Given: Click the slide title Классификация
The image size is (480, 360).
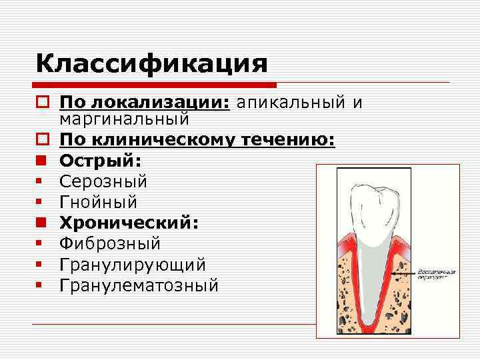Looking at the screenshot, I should (x=152, y=64).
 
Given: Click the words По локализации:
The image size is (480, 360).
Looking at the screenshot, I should (x=144, y=103).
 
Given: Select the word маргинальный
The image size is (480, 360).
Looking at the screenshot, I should (x=124, y=119).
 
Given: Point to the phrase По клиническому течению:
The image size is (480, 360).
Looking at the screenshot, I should (x=197, y=140).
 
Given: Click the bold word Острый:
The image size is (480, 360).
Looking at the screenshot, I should (x=100, y=161).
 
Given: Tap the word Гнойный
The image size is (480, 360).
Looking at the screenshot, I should (x=98, y=202).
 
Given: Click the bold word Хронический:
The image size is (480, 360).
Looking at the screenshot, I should (x=129, y=223).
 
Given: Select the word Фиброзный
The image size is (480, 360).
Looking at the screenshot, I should (x=110, y=244).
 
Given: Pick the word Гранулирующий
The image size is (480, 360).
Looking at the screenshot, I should (x=132, y=265).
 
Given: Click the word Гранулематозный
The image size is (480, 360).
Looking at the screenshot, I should (x=139, y=285).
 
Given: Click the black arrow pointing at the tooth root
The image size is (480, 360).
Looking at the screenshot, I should (x=400, y=273).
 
